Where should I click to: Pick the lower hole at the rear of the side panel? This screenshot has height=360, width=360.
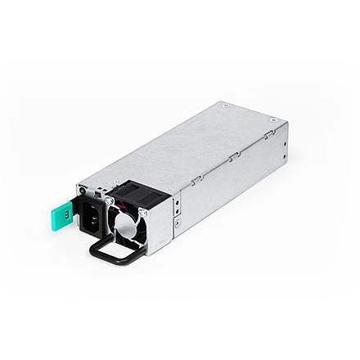point(283,155)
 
